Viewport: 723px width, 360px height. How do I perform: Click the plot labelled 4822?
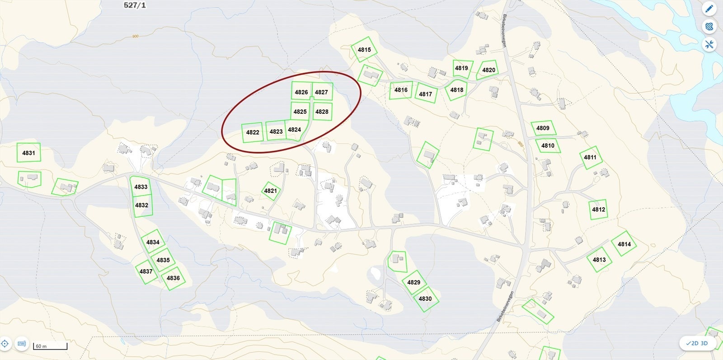[253, 132]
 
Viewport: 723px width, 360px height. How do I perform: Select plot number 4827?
[322, 92]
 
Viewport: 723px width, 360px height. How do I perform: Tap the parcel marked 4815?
[364, 50]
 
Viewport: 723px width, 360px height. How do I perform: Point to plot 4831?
[28, 153]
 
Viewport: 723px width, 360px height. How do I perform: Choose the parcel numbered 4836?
[173, 278]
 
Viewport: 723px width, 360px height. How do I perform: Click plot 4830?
[425, 299]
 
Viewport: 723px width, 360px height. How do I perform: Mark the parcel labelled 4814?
[624, 244]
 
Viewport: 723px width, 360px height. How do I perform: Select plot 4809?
[543, 128]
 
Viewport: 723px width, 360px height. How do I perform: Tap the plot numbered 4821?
[270, 191]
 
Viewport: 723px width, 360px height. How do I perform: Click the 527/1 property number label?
[135, 5]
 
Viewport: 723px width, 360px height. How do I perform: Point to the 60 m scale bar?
[50, 346]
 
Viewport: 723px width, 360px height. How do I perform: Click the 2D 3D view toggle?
[697, 343]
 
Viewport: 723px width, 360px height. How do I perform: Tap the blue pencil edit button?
[709, 9]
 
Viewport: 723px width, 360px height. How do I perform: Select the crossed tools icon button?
[709, 44]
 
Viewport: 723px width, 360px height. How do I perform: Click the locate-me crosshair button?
[5, 344]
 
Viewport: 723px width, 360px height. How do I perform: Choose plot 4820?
[488, 70]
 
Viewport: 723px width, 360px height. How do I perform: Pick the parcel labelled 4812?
[598, 210]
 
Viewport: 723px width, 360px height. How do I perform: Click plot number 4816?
[401, 90]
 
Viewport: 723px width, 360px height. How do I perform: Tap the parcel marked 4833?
[141, 187]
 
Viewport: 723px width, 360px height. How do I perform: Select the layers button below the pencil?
[709, 27]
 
